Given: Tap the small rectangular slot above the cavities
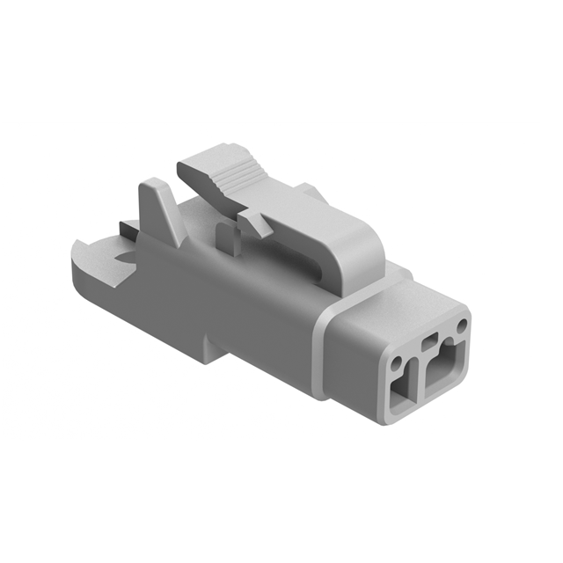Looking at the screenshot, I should click(x=430, y=341).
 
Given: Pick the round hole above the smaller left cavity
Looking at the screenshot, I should click(x=401, y=360).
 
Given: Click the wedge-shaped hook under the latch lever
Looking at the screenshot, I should click(x=256, y=223).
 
